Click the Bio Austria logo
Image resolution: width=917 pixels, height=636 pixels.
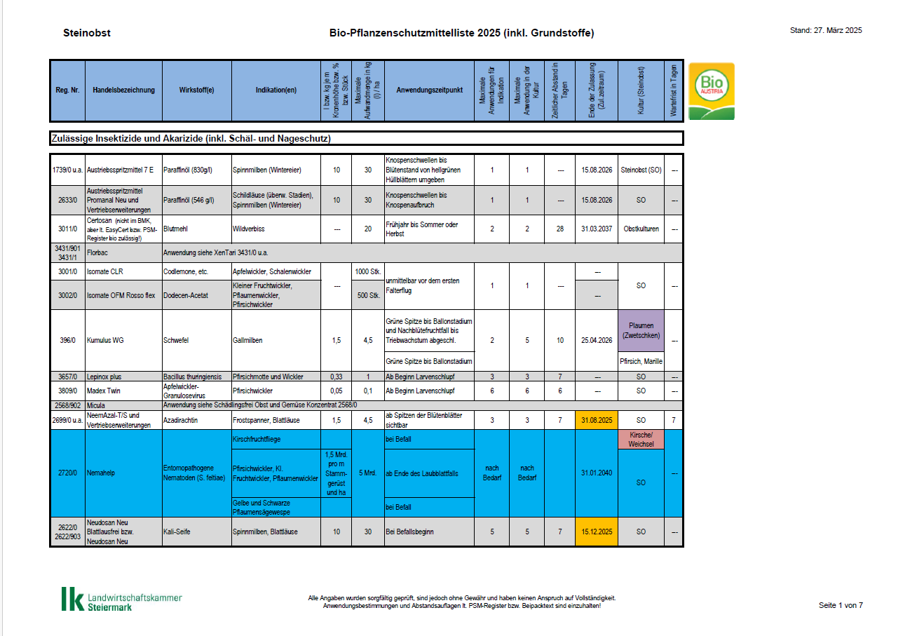pos(712,91)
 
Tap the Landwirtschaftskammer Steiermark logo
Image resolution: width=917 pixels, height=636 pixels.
pos(121,599)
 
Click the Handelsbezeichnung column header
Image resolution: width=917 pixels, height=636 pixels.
pos(123,90)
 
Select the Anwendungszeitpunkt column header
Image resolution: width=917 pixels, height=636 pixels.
pos(429,90)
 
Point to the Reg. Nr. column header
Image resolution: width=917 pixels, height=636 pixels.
pos(67,90)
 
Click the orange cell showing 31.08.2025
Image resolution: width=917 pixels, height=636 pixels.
pos(597,420)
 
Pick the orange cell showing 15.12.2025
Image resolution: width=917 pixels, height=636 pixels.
pos(597,532)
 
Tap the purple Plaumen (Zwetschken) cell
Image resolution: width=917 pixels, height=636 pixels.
pos(641,330)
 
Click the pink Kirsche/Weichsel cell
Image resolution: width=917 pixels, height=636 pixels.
pos(641,440)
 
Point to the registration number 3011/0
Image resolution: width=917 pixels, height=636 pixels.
pos(67,229)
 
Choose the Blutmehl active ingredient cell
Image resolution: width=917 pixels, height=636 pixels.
pos(176,229)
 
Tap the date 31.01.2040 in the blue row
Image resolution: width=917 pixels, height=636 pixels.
pos(597,473)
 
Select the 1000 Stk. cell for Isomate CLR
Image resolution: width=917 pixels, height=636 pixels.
pos(367,271)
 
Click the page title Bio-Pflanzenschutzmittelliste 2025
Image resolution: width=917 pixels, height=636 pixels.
pos(461,33)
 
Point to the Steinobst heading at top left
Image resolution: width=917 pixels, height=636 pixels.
pos(87,33)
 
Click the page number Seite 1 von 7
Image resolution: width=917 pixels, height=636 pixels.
pos(841,605)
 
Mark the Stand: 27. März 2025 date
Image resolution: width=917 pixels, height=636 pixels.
pos(826,30)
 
